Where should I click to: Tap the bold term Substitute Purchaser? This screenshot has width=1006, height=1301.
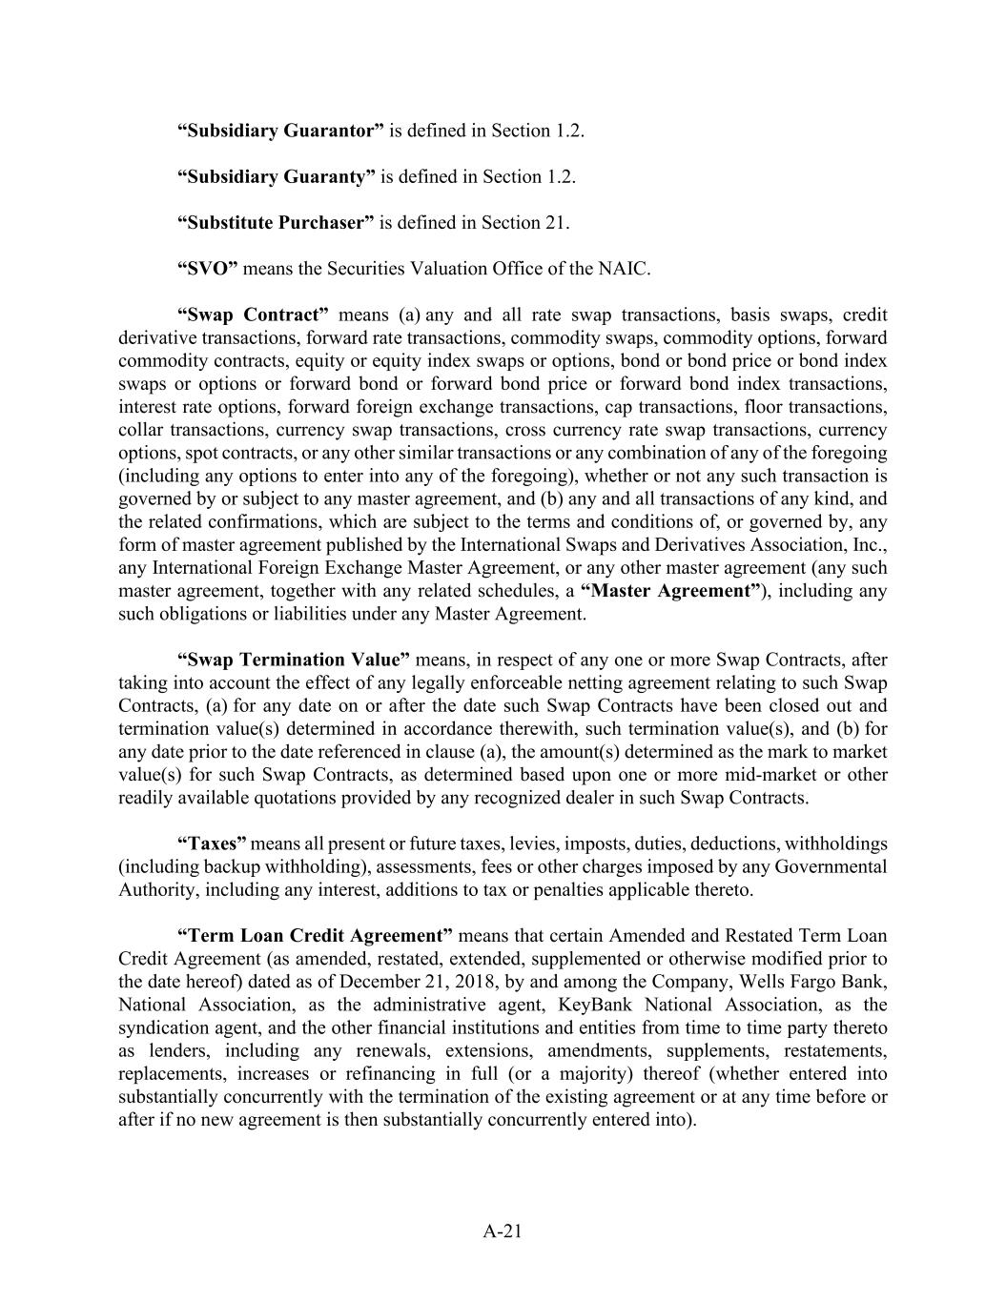tap(276, 222)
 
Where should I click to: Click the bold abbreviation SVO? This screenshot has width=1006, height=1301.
tap(207, 268)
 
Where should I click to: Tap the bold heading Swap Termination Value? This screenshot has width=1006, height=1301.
tap(295, 660)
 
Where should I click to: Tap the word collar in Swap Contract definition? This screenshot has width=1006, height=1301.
tap(139, 430)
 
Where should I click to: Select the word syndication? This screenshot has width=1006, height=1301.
tap(164, 1027)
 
